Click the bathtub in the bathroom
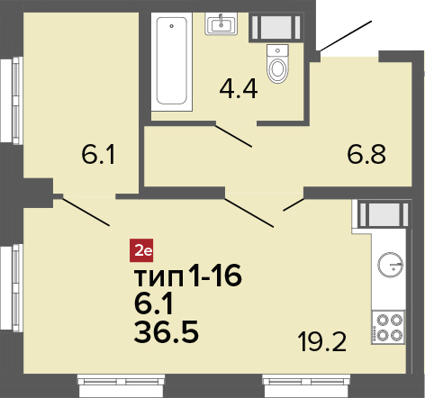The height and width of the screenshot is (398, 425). pyautogui.click(x=172, y=62)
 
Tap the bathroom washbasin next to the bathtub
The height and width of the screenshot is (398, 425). pyautogui.click(x=221, y=24)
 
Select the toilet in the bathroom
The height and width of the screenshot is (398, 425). pyautogui.click(x=277, y=64)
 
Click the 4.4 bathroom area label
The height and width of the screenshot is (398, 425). pyautogui.click(x=239, y=90)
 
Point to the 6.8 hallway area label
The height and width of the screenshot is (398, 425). pyautogui.click(x=366, y=155)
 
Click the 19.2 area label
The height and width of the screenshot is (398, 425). pyautogui.click(x=322, y=343)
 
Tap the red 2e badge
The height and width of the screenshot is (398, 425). pyautogui.click(x=141, y=250)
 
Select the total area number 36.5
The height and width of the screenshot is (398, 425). pyautogui.click(x=167, y=331)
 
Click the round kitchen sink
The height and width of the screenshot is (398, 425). pyautogui.click(x=390, y=265)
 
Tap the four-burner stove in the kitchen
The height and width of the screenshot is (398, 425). pyautogui.click(x=388, y=327)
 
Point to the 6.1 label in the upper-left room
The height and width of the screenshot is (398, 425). pyautogui.click(x=98, y=156)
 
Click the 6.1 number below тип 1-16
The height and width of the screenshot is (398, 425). pyautogui.click(x=153, y=303)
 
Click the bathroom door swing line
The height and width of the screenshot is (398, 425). pyautogui.click(x=233, y=135)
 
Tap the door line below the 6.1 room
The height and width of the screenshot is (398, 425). pyautogui.click(x=86, y=211)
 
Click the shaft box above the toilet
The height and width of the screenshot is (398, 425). pyautogui.click(x=276, y=27)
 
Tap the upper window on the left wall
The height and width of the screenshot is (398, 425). pyautogui.click(x=12, y=100)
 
